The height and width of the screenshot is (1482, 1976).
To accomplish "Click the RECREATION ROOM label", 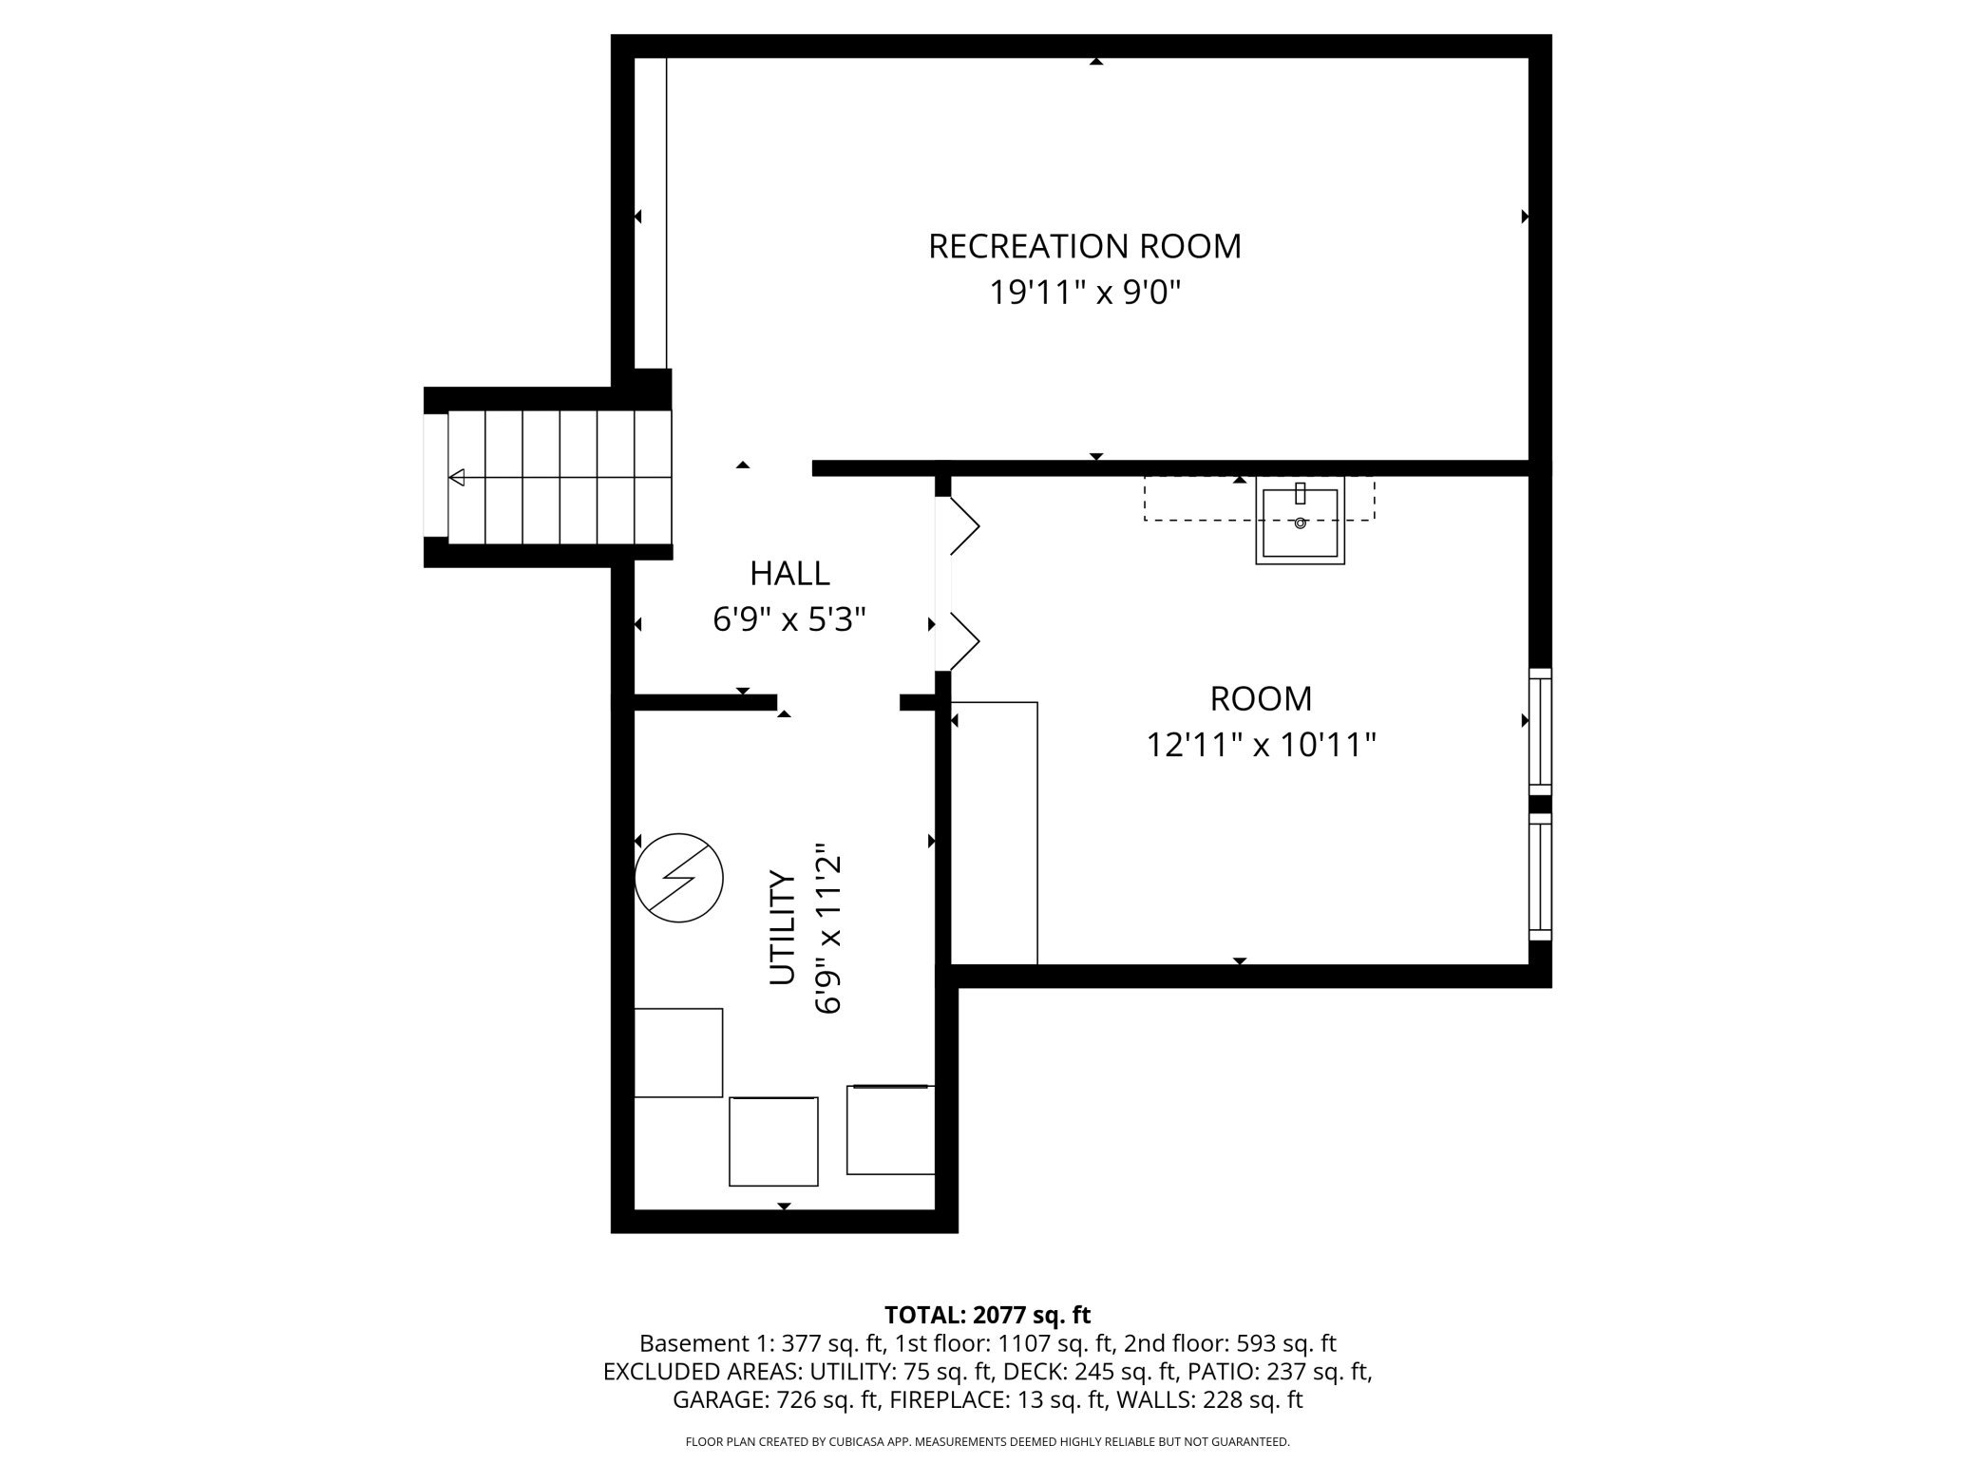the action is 1084,246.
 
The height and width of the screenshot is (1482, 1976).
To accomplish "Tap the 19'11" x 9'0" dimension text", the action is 1085,293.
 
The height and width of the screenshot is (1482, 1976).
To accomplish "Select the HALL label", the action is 789,573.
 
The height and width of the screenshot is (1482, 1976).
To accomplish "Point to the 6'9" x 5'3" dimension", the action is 789,619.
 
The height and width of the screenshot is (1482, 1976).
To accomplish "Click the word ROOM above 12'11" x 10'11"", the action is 1261,698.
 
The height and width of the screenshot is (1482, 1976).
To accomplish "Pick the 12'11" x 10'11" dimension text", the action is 1261,745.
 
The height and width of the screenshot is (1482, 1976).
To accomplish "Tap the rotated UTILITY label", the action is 782,927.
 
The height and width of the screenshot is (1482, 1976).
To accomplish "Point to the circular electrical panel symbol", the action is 678,878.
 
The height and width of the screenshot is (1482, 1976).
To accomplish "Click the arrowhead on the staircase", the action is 457,477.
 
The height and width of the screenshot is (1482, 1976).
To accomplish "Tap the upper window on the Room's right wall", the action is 1540,731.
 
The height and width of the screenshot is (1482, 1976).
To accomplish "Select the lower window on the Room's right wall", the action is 1540,876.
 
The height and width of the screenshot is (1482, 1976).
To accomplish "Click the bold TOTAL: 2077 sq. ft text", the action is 987,1315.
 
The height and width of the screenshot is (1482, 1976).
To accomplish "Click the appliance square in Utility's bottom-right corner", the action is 891,1130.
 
